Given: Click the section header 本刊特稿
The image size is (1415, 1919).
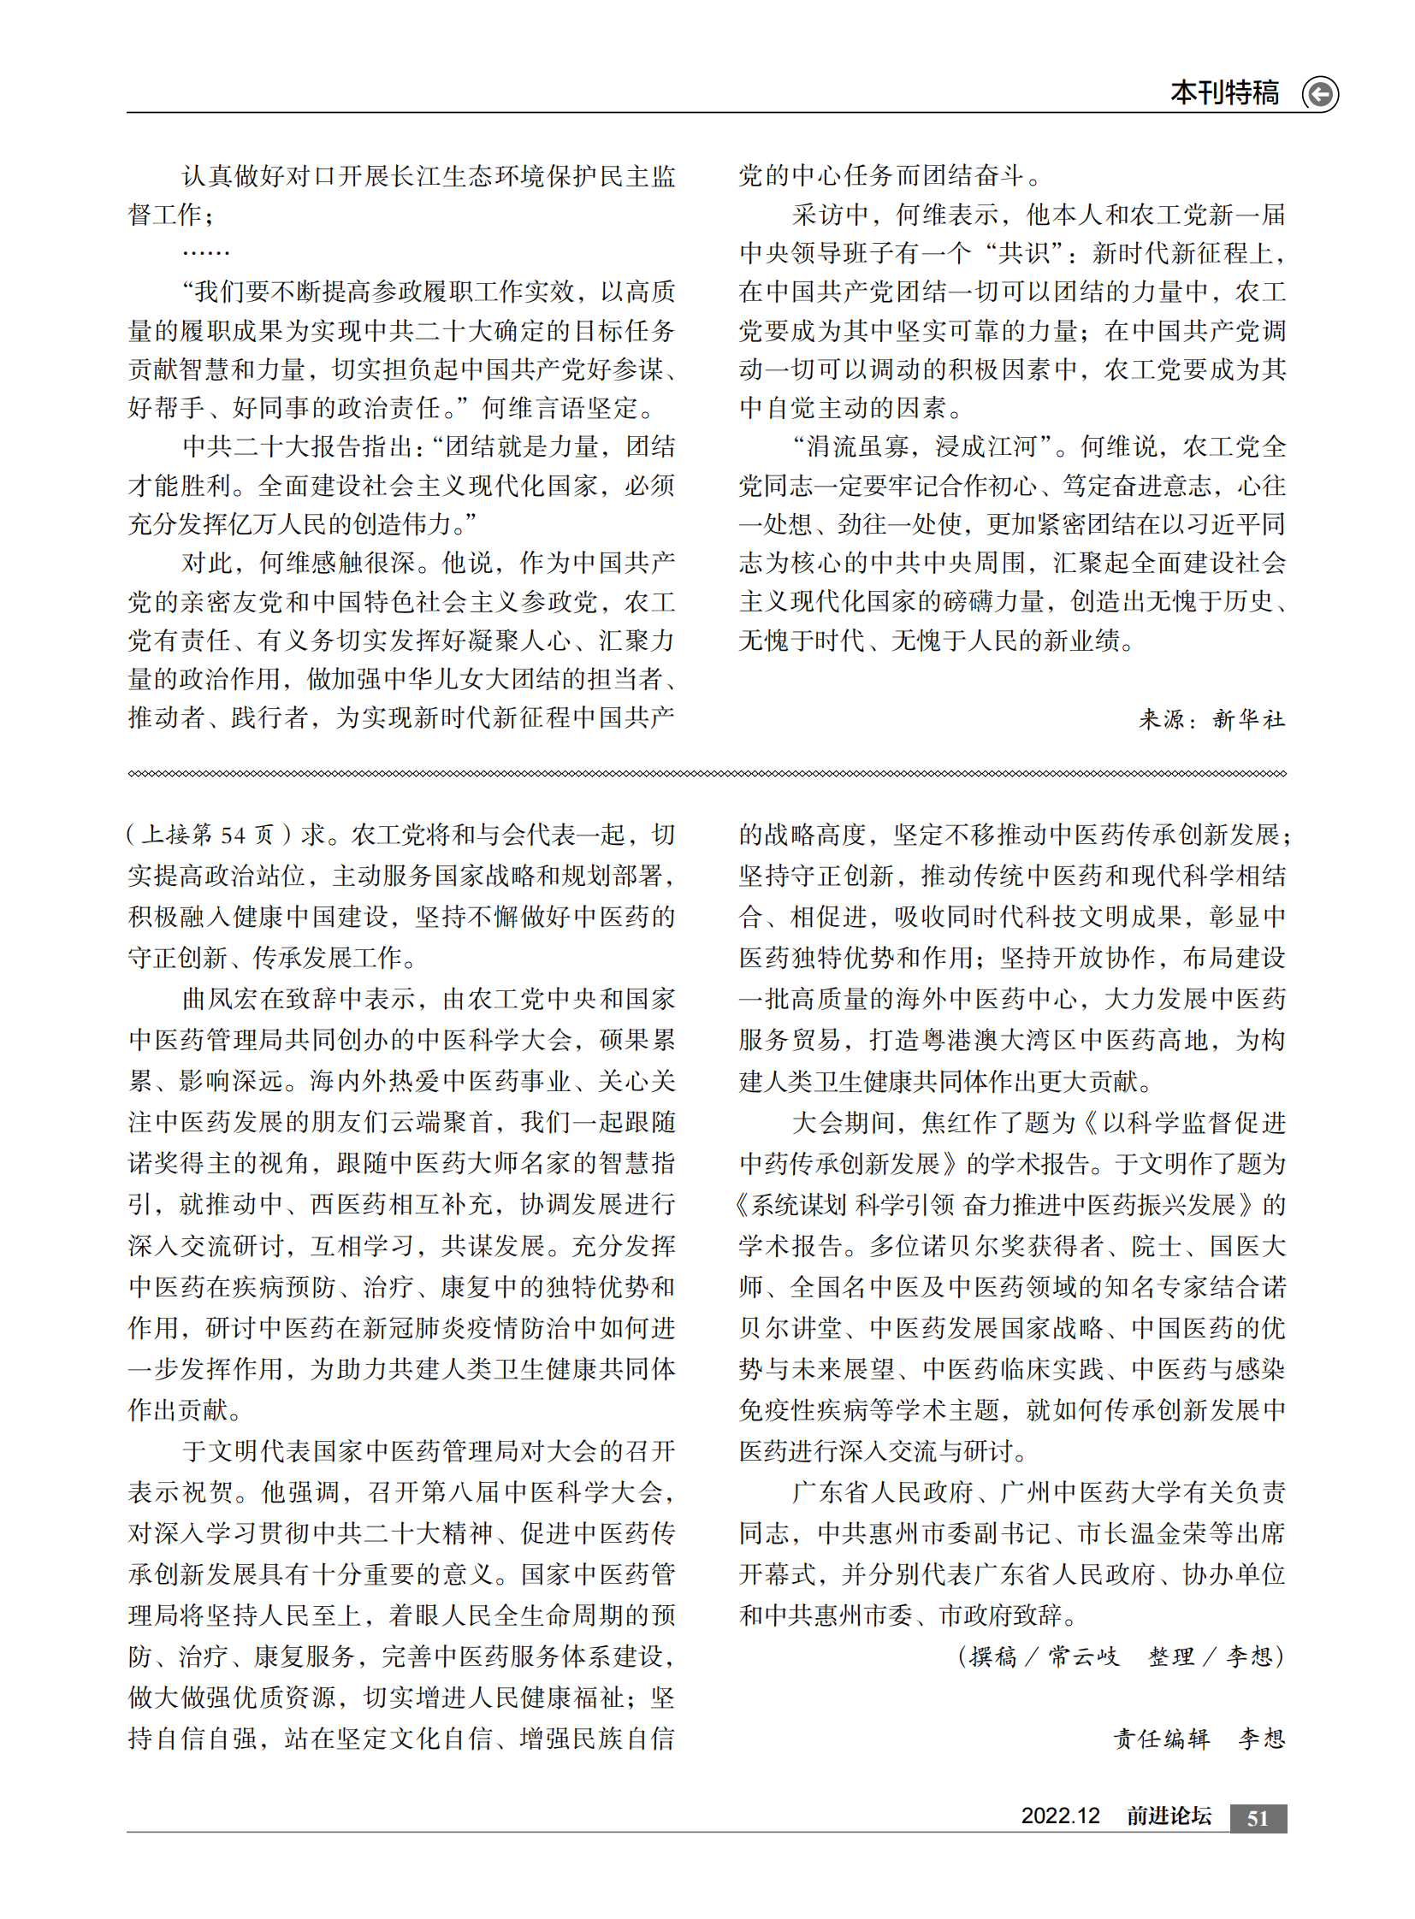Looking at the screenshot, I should (x=1224, y=92).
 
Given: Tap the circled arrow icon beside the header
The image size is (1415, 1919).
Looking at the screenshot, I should (x=1320, y=93).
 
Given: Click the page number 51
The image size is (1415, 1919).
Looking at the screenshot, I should (x=1258, y=1818).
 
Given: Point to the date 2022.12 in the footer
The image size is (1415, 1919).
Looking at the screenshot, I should (x=1059, y=1816).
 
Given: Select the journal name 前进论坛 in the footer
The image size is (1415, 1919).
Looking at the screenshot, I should (x=1169, y=1816).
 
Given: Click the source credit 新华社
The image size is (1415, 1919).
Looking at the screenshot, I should (x=1248, y=719).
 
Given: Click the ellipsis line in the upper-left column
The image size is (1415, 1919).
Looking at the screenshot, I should (x=205, y=253).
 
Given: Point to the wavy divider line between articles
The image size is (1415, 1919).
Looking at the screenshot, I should (x=707, y=773).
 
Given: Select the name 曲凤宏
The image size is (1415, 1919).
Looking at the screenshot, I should (x=221, y=1000).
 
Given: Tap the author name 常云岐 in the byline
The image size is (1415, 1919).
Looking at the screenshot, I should (x=1083, y=1657).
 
